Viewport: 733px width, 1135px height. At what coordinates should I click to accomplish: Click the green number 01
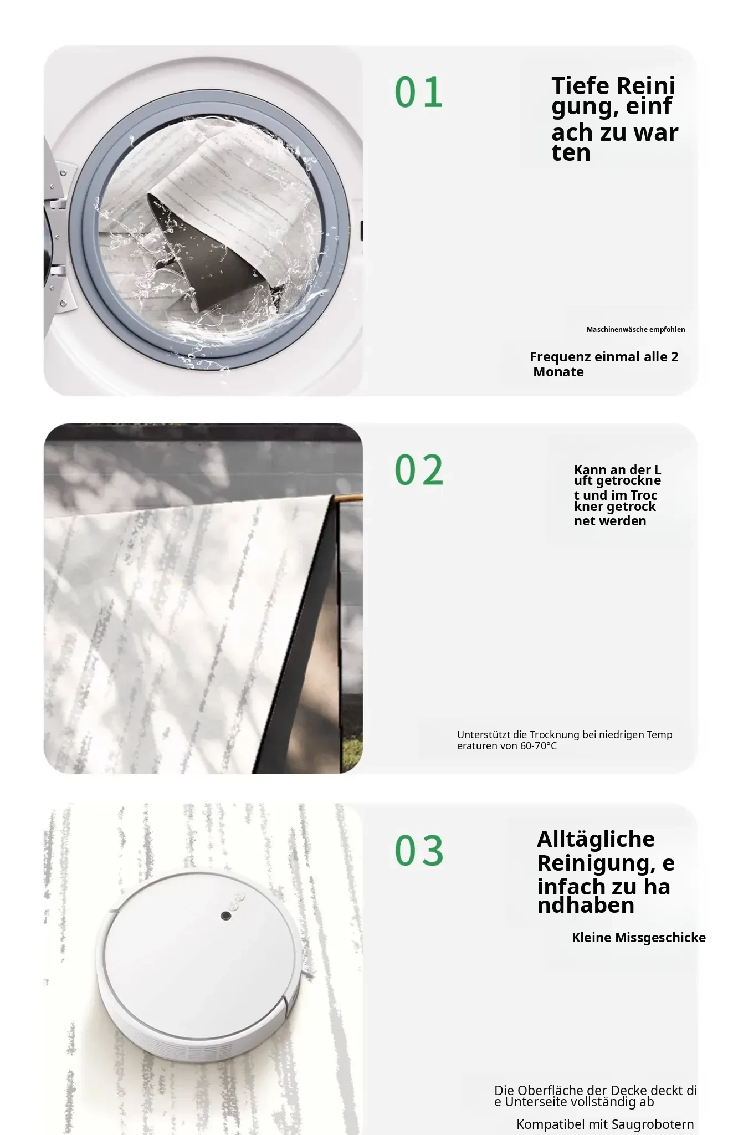click(x=419, y=92)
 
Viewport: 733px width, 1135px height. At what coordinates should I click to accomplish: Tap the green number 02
click(x=419, y=470)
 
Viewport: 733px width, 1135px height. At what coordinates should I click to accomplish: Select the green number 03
click(x=419, y=850)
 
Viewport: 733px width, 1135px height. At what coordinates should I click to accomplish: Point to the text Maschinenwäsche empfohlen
click(x=635, y=330)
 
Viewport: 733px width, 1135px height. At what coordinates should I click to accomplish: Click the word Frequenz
click(x=560, y=357)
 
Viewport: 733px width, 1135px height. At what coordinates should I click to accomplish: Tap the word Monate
click(x=558, y=372)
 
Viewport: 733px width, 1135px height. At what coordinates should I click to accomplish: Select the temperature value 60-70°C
click(x=538, y=746)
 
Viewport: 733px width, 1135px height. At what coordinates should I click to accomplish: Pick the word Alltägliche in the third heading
click(x=596, y=839)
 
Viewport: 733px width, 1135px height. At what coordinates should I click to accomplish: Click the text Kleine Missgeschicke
click(x=639, y=938)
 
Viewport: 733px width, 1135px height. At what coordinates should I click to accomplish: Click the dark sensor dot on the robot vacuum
click(x=226, y=916)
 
